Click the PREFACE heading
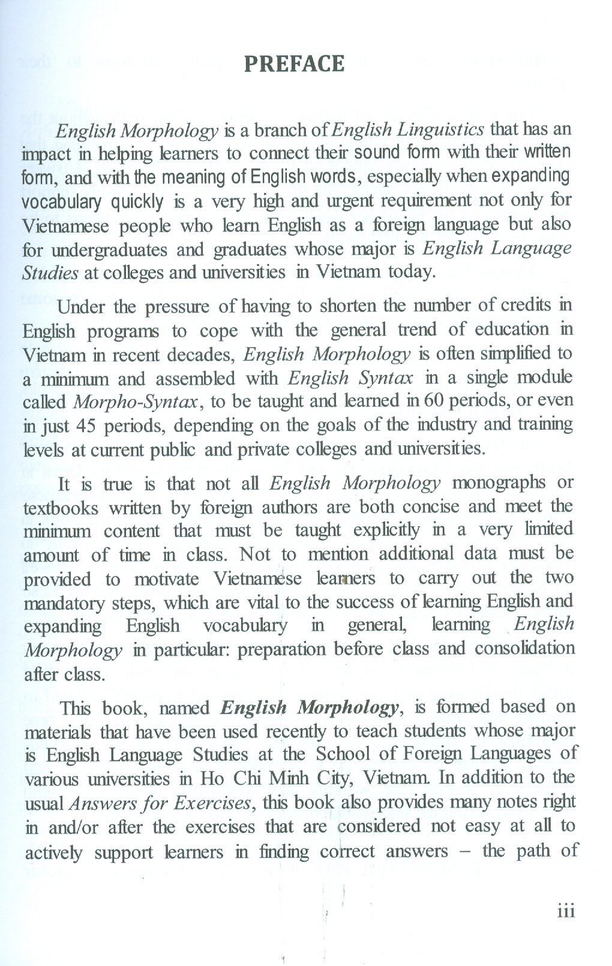click(x=294, y=64)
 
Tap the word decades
click(x=200, y=355)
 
